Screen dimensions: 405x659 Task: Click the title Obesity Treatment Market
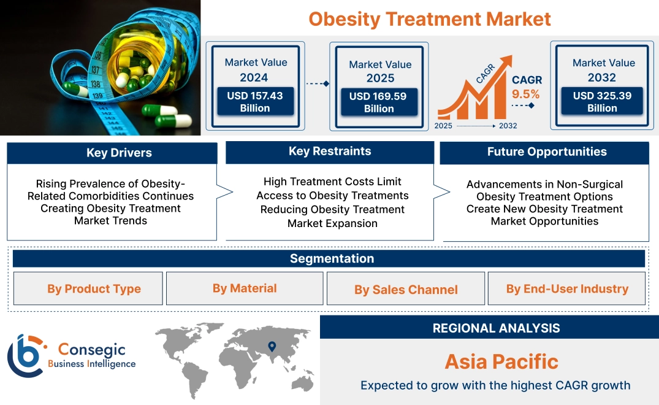(430, 19)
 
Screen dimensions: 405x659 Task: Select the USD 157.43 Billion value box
(254, 102)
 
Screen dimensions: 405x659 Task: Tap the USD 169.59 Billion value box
(379, 102)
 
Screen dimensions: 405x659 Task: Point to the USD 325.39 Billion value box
(602, 102)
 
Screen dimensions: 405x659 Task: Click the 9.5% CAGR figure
(525, 94)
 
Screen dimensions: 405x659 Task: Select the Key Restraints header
(330, 152)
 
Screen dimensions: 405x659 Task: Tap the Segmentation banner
(332, 258)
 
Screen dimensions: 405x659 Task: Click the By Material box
(245, 288)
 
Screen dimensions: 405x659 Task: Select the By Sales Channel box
(406, 289)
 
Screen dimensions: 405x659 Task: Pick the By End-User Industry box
(567, 288)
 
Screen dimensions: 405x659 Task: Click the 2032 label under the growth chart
(508, 126)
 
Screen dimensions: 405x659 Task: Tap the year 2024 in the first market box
(254, 78)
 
